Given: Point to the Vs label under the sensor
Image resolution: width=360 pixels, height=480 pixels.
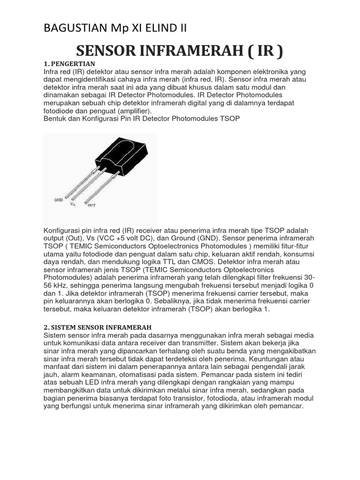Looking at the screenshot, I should [x=73, y=204].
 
